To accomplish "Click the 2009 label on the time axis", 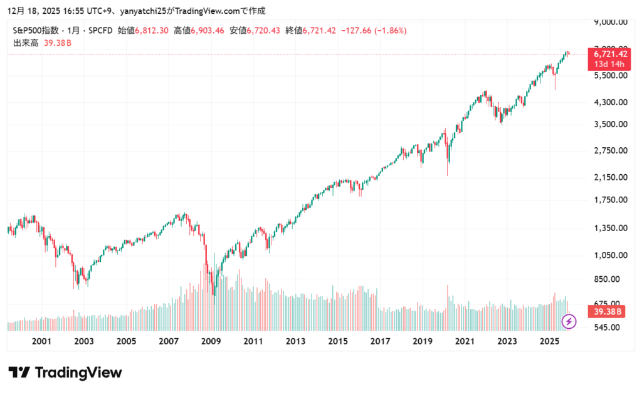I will coord(211,341).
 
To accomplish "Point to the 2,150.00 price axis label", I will coord(611,177).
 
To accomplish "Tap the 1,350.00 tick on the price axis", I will coord(611,228).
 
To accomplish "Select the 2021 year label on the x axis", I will coord(465,341).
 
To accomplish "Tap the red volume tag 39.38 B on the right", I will coord(606,311).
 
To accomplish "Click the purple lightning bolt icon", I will coord(569,321).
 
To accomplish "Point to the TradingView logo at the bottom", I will coord(65,372).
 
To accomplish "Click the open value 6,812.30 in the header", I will coord(152,30).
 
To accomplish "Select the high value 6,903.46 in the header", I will coord(208,30).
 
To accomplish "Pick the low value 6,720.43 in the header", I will coord(263,30).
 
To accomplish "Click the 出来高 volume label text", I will coord(25,43).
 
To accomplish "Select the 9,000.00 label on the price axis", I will coord(611,23).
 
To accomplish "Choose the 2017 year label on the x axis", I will coord(380,341).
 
